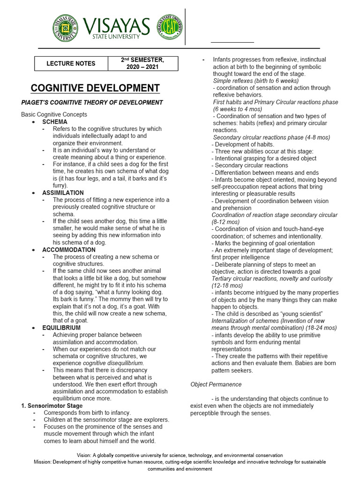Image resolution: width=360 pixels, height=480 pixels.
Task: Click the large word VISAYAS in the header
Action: [x=116, y=25]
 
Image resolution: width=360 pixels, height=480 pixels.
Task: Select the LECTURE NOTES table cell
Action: [x=71, y=63]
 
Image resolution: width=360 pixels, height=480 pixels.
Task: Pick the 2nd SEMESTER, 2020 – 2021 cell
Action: [x=143, y=63]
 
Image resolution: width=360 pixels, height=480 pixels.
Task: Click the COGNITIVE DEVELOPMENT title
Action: [x=95, y=88]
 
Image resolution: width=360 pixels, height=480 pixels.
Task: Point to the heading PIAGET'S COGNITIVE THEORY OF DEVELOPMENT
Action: [x=92, y=103]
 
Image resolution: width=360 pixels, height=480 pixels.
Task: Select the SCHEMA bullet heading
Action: [x=55, y=122]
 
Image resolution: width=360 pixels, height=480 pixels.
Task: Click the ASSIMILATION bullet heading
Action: [x=63, y=193]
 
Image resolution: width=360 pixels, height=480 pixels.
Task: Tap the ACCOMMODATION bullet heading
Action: [x=68, y=250]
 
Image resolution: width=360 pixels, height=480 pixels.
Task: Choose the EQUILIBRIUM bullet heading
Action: [x=61, y=328]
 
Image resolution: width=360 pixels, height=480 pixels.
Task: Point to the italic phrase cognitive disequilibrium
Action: [x=113, y=363]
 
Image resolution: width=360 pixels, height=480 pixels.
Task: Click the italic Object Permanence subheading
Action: [x=216, y=384]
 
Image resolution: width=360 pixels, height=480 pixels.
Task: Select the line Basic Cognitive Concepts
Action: [x=54, y=114]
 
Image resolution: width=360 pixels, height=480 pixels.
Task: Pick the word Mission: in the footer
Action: [x=43, y=462]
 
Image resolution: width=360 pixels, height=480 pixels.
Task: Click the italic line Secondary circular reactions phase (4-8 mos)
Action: [x=271, y=137]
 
